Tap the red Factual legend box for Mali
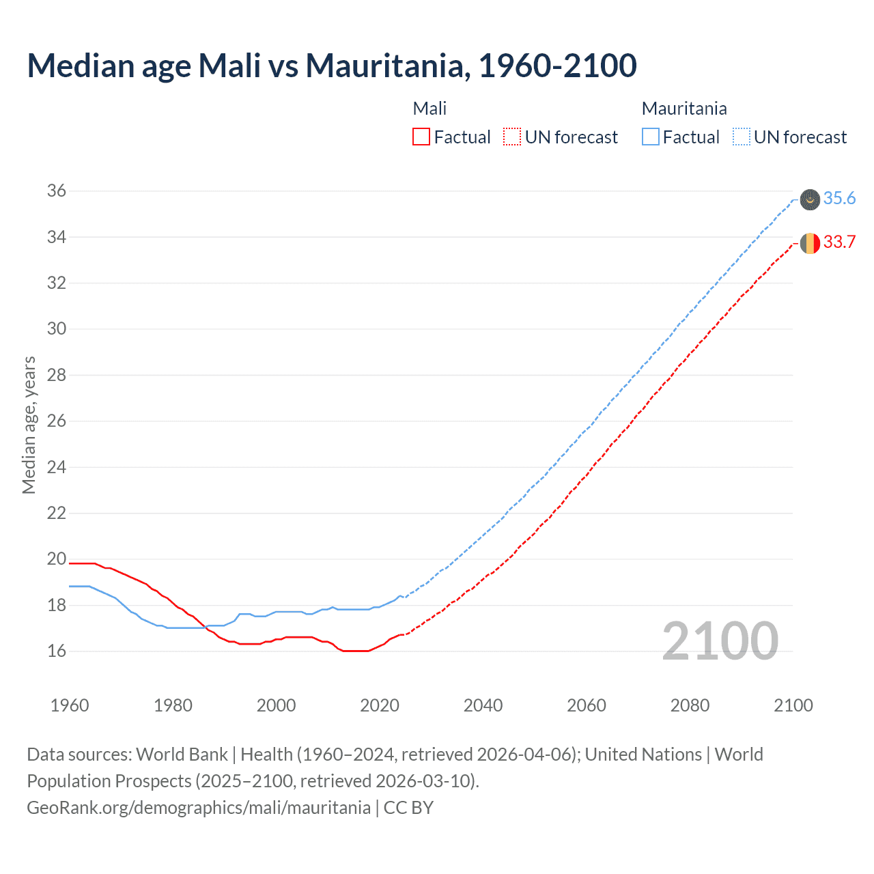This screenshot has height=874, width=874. point(421,137)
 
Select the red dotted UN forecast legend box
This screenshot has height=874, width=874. point(511,137)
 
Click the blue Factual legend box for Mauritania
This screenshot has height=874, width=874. point(651,137)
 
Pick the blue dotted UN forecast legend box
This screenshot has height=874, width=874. point(741,137)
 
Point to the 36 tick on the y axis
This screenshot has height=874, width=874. point(57,191)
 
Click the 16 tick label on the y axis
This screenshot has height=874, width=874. point(57,651)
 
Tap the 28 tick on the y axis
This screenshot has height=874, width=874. point(57,375)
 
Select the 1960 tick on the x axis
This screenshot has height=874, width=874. point(70,705)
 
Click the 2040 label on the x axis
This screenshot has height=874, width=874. point(483,705)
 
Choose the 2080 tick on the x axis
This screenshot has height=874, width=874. point(690,705)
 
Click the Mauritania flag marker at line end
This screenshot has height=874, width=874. point(810,199)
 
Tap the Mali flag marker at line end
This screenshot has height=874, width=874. point(810,243)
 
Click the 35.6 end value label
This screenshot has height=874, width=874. point(839,199)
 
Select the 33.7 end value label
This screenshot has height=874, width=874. point(839,242)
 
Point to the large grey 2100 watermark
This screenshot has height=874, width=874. point(720,641)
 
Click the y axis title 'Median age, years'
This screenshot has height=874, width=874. point(29,425)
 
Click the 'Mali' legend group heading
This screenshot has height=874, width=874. point(429,109)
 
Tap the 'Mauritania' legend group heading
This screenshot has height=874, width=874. point(684,109)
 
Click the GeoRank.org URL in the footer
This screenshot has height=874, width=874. point(199,808)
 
